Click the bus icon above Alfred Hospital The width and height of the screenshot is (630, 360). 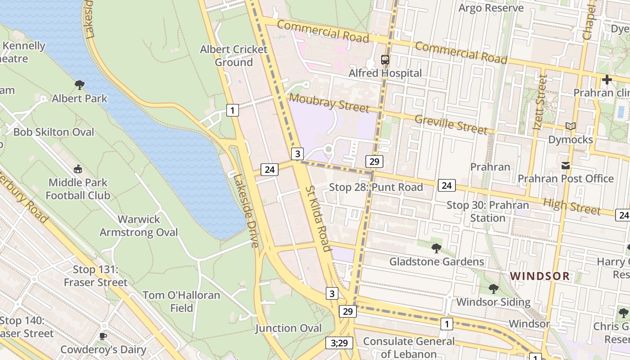[385, 59]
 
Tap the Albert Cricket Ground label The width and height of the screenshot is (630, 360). [234, 56]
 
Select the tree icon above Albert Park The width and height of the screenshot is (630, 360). [80, 85]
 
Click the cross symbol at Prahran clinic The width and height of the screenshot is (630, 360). [607, 80]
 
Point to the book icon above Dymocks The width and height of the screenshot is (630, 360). [571, 126]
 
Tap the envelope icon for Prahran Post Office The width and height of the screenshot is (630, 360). [566, 166]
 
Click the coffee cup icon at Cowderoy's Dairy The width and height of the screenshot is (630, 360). [103, 336]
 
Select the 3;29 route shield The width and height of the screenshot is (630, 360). [339, 343]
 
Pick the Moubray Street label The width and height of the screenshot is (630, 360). [328, 103]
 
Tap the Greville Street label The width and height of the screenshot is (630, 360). [451, 125]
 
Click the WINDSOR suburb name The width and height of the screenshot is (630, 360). [540, 276]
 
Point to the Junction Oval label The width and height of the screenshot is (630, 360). [288, 328]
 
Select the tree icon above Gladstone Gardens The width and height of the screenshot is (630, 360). [436, 248]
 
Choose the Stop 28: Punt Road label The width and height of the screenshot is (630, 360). [376, 187]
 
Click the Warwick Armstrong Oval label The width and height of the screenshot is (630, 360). [139, 226]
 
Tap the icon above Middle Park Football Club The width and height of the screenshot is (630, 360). [78, 169]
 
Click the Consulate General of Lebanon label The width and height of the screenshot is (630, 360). [409, 347]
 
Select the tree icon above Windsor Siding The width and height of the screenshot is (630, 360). [493, 288]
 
